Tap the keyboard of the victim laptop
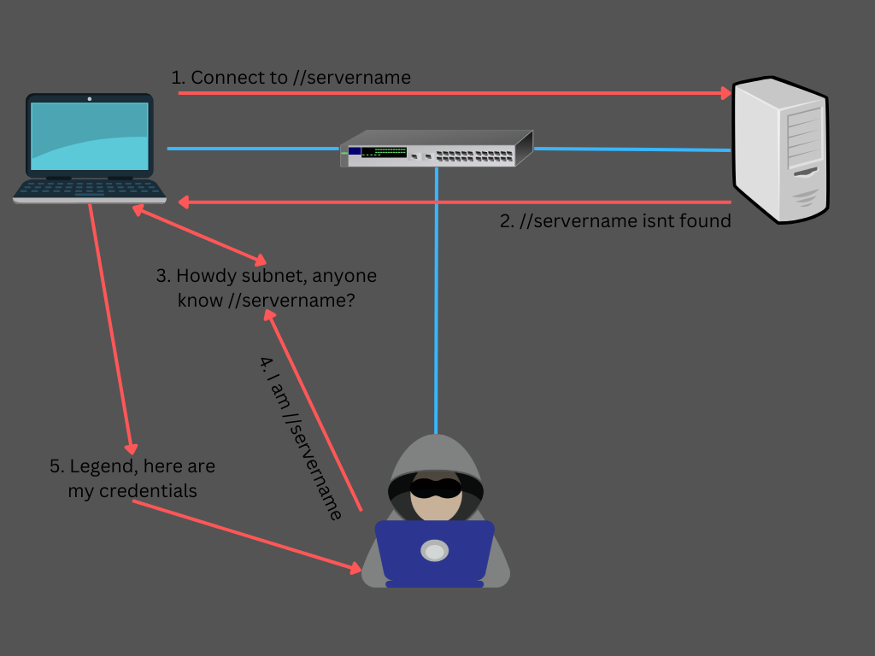[90, 189]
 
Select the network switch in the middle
[436, 149]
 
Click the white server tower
[780, 149]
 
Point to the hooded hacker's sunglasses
[436, 488]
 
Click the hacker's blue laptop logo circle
[435, 552]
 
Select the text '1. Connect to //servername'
[291, 78]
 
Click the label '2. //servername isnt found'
[615, 221]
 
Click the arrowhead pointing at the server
[725, 92]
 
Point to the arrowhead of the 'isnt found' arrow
[185, 202]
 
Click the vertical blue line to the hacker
[436, 299]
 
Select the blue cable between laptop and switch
[253, 149]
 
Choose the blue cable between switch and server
[632, 149]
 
